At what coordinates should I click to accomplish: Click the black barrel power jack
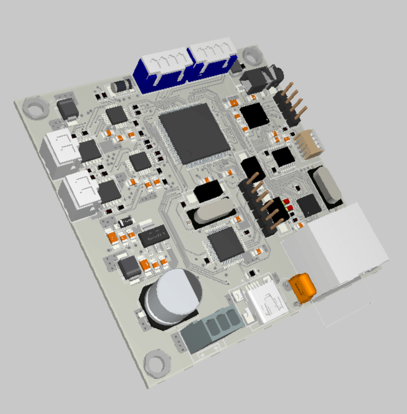click(260, 78)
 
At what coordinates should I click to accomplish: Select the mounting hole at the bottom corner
click(157, 364)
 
